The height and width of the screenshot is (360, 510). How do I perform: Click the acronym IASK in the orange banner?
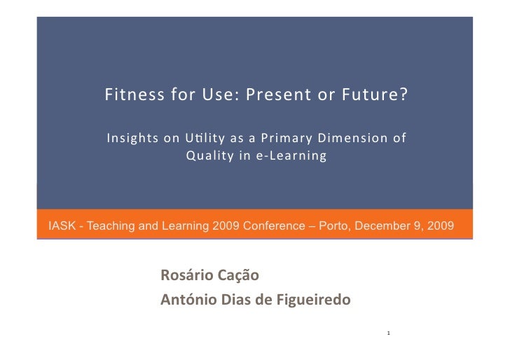coord(60,226)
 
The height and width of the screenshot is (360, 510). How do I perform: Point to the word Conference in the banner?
coord(263,226)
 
